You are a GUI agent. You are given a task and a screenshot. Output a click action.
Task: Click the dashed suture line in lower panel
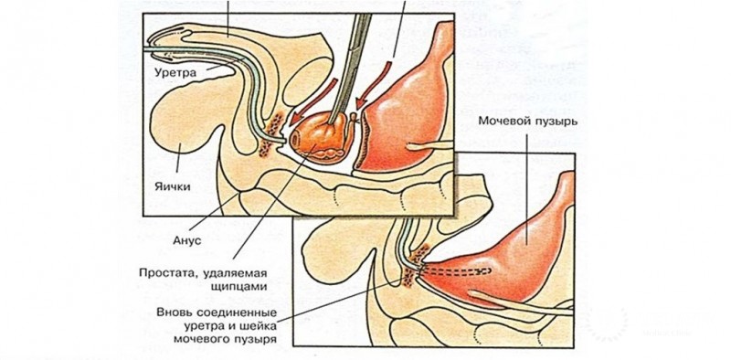tap(456, 271)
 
